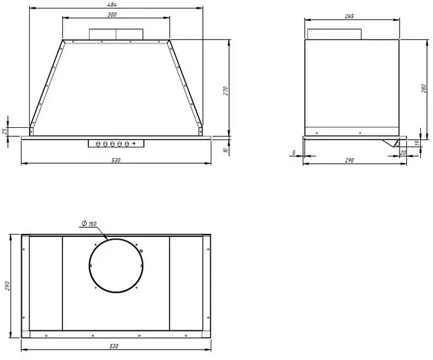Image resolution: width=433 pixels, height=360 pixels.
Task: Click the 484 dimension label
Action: coord(113,4)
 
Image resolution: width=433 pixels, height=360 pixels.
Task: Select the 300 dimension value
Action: coord(112,15)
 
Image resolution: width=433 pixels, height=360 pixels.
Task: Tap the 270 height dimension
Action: coord(226,91)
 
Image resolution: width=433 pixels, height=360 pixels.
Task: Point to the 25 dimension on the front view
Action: coord(5,132)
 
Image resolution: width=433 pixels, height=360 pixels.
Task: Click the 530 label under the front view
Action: coord(116,160)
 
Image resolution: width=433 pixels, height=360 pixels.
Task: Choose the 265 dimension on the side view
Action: coord(349,16)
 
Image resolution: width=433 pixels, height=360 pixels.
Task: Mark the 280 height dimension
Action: coord(424,88)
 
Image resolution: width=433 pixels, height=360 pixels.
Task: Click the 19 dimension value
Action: coord(417,143)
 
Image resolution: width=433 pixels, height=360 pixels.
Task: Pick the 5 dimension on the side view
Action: coord(294,153)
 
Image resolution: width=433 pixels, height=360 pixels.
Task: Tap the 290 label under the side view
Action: coord(349,160)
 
